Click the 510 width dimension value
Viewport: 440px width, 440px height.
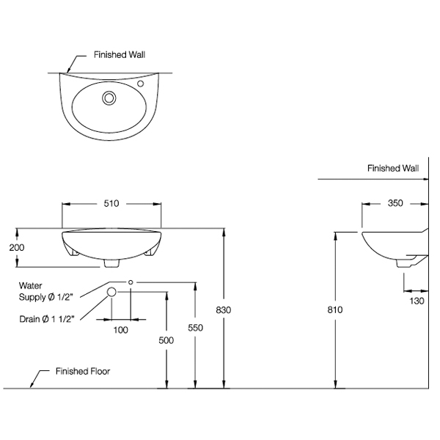[111, 203]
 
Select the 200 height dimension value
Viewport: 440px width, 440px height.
[17, 248]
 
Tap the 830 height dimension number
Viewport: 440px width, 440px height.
[224, 310]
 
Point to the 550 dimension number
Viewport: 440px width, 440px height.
[195, 328]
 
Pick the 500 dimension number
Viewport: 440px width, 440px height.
[166, 340]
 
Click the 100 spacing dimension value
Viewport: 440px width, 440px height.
[121, 330]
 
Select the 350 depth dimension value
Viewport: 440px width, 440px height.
[395, 203]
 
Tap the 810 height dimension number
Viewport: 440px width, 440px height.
[335, 309]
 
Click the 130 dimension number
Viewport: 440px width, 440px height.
[417, 301]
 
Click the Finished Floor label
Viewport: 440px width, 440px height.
[83, 372]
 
